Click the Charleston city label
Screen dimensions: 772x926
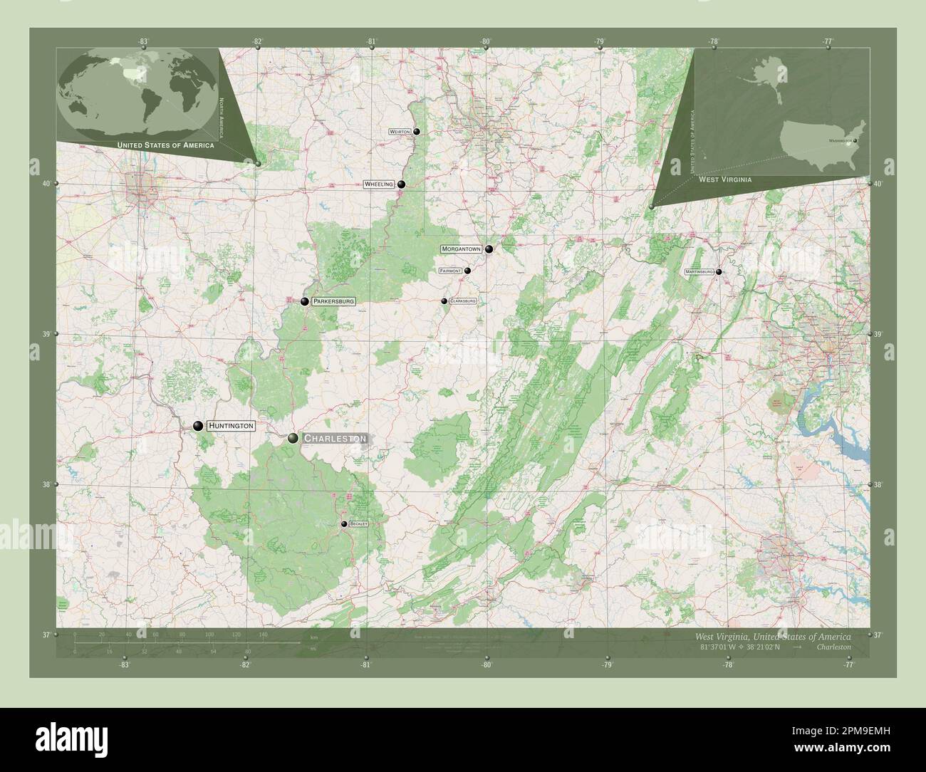tap(335, 439)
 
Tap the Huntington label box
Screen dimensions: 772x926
tap(231, 426)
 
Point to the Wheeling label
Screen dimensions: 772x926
tap(378, 184)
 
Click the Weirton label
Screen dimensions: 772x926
tap(400, 132)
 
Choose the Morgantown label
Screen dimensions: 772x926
tap(462, 249)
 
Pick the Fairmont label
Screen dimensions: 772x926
tap(451, 271)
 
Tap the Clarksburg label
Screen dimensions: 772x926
tap(462, 301)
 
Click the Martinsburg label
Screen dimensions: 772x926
tap(699, 272)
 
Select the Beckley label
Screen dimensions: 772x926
tap(358, 524)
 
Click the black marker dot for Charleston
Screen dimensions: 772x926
tap(293, 438)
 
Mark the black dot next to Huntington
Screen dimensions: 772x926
tap(197, 426)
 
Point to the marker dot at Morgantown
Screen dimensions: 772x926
tap(489, 249)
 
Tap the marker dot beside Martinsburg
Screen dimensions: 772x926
tap(719, 272)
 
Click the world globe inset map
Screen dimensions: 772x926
tap(140, 93)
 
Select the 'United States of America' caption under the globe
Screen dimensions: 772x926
tap(165, 145)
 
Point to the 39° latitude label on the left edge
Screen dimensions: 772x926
tap(47, 334)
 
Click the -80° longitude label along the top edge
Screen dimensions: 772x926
tap(485, 41)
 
